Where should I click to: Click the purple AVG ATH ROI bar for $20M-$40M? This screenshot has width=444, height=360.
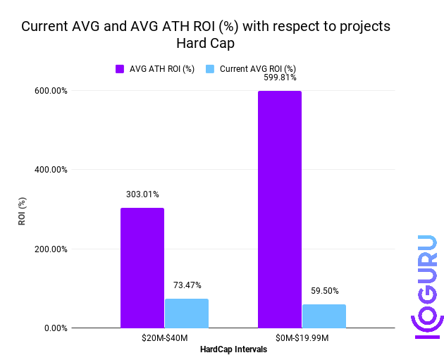[x=142, y=268]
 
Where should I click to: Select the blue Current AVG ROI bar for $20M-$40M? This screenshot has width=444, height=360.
[x=187, y=314]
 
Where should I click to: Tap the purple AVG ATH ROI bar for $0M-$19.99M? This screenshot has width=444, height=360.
[x=280, y=209]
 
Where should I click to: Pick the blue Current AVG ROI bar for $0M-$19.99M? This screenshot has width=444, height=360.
[x=324, y=316]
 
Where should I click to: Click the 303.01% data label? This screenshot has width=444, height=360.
[x=142, y=194]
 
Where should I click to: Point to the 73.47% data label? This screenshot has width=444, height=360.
[x=187, y=285]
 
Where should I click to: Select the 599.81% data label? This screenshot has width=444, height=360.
[x=280, y=78]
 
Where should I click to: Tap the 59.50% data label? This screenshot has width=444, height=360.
[x=324, y=290]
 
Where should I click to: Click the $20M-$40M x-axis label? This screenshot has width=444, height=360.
[x=164, y=338]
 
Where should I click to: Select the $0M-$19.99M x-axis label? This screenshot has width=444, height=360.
[x=302, y=338]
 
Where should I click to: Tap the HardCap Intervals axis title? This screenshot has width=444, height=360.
[x=233, y=349]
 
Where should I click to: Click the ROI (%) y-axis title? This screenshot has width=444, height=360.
[x=22, y=209]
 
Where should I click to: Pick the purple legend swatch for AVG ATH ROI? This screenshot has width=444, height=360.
[x=120, y=69]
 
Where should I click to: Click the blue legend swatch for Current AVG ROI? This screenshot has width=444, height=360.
[x=210, y=69]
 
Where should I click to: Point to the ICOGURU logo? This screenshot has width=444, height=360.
[x=426, y=285]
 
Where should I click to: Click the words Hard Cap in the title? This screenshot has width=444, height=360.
[x=205, y=44]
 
